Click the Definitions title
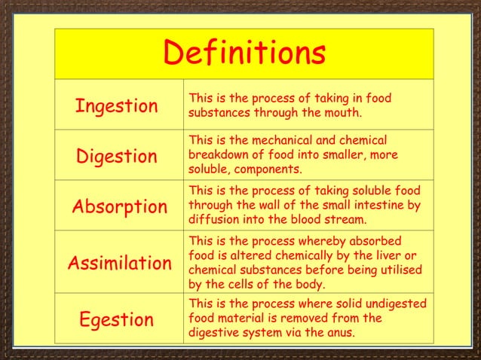tap(244, 53)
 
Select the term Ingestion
tap(116, 106)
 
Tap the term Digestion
tap(117, 157)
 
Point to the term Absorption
tap(119, 206)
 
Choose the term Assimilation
tap(120, 264)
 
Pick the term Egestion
tap(116, 319)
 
